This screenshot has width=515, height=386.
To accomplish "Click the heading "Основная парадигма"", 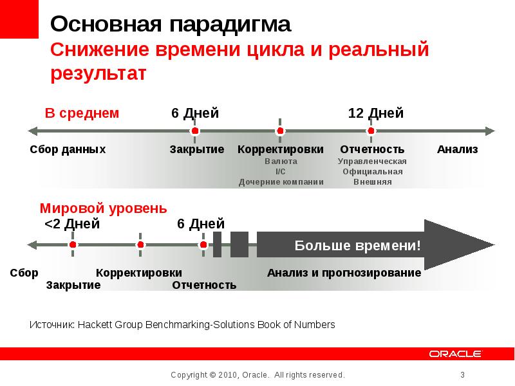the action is pos(171,25).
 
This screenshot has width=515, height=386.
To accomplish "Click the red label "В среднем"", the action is pos(82,113).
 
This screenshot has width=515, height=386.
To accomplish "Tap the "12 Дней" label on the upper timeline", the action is pos(376,113).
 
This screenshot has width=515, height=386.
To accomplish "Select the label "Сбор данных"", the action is pos(68,150).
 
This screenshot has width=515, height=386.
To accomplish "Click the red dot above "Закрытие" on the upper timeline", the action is pos(195,131).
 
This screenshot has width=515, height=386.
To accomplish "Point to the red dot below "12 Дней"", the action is pos(371,131).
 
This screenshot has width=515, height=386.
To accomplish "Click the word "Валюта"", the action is pos(281,161).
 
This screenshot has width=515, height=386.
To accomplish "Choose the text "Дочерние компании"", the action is pos(281,182).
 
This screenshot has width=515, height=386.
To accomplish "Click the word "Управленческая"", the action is pos(372,161).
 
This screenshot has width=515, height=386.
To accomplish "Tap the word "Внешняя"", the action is pos(372,182).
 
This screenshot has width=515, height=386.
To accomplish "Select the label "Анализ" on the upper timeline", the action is pos(458,150).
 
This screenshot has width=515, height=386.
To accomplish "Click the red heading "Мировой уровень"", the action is pos(104,208).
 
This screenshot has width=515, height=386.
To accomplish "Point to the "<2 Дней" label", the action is pos(72,224).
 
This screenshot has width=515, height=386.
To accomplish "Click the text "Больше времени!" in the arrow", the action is pos(358,245).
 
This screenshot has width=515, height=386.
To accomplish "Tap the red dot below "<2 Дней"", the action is pos(73,245).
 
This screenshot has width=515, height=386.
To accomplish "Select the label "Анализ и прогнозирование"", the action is pos(344,273).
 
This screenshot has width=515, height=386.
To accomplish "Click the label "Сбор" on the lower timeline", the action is pos(24,273).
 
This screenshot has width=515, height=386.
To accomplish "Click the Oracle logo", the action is pos(456,354).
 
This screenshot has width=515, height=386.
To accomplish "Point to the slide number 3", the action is pos(462,375).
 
